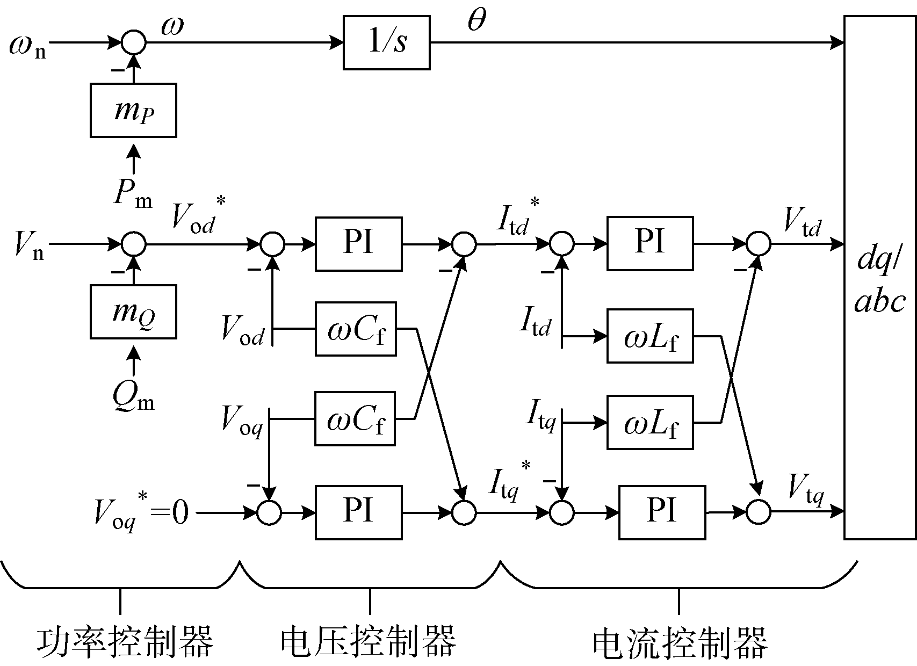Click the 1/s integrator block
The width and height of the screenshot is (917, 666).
pyautogui.click(x=386, y=43)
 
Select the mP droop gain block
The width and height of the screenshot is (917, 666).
pyautogui.click(x=133, y=110)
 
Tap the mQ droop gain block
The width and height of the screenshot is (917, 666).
pyautogui.click(x=133, y=312)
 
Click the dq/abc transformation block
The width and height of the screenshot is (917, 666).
pyautogui.click(x=879, y=277)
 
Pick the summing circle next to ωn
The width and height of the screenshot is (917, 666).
pyautogui.click(x=133, y=42)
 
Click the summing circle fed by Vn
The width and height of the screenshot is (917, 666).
pyautogui.click(x=133, y=244)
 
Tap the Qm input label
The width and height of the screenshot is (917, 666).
pyautogui.click(x=133, y=396)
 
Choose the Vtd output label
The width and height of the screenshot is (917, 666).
pyautogui.click(x=803, y=221)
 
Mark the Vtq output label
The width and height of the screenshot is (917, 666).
pyautogui.click(x=806, y=489)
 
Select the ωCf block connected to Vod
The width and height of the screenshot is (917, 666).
pyautogui.click(x=356, y=329)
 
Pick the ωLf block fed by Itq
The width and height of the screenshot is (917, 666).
pyautogui.click(x=650, y=423)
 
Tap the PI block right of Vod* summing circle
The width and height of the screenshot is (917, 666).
pyautogui.click(x=358, y=244)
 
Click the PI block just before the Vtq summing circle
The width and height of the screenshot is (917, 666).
pyautogui.click(x=662, y=512)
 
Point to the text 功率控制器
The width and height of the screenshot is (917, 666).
pyautogui.click(x=125, y=641)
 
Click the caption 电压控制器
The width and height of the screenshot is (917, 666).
pyautogui.click(x=369, y=641)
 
